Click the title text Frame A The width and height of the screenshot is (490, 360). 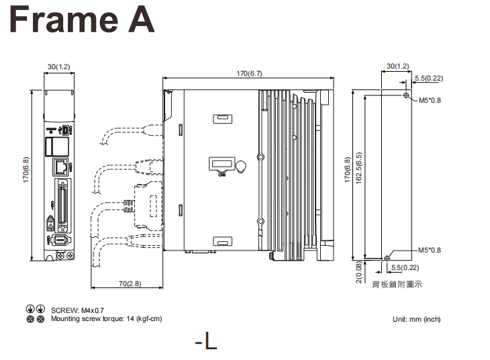[x=82, y=20]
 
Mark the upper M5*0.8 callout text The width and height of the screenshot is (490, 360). [x=430, y=101]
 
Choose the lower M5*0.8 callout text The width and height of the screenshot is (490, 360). [x=430, y=250]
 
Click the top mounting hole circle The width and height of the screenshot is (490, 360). [x=406, y=96]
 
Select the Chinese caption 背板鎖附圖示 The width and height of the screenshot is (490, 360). [x=397, y=284]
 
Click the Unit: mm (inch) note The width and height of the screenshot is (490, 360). [x=416, y=319]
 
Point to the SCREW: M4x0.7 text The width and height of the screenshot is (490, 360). [x=75, y=310]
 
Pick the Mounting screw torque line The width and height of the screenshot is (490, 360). [x=106, y=318]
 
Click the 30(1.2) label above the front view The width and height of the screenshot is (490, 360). [x=58, y=66]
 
